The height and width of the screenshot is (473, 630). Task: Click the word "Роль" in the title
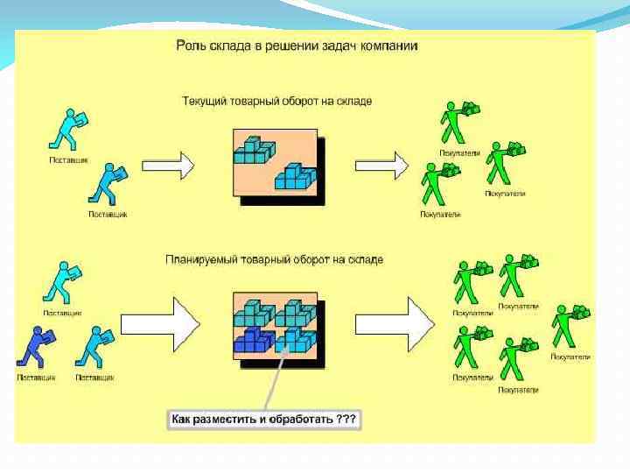pos(190,45)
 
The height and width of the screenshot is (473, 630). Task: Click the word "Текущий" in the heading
pos(206,101)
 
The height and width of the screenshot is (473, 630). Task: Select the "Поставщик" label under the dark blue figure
pos(37,378)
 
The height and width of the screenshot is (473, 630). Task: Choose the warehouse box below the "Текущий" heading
pos(274,163)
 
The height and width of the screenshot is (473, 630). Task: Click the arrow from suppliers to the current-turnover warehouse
pos(168,163)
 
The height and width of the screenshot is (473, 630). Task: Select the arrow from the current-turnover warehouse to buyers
pos(381,164)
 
